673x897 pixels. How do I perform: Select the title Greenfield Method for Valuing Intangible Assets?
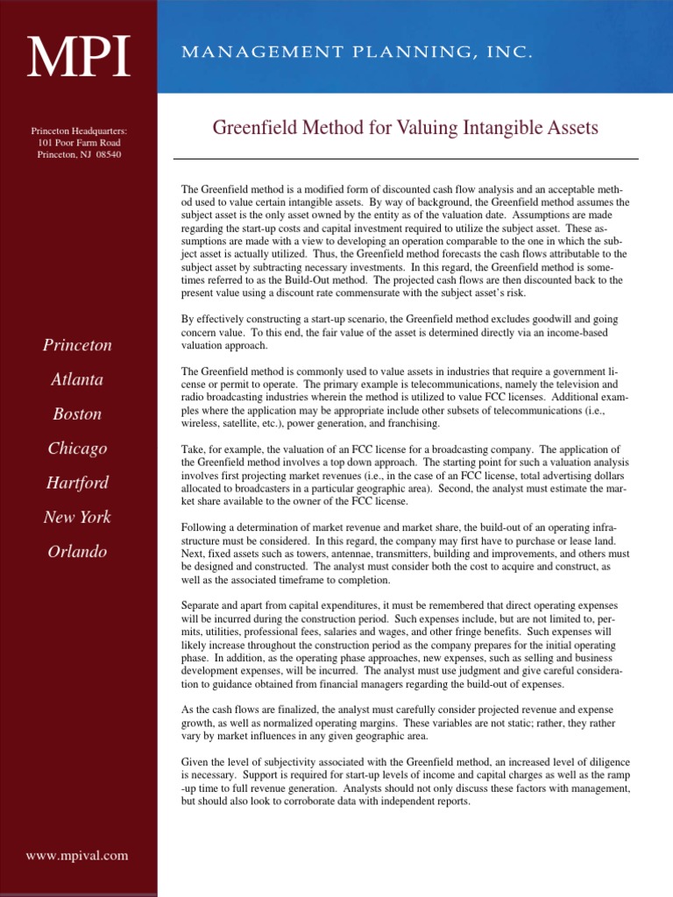405,128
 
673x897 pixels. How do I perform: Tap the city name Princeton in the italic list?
78,345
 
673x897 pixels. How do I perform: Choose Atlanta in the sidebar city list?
78,379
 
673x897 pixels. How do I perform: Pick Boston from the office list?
78,413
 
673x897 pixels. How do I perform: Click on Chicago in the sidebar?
78,448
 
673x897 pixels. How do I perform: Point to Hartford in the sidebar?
78,483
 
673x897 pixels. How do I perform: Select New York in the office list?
78,517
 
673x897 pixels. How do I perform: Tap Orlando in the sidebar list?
78,552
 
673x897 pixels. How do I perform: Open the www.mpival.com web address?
78,855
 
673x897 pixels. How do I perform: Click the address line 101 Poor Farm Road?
79,143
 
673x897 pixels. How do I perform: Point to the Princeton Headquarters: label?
79,131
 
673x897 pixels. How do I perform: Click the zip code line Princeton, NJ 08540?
79,155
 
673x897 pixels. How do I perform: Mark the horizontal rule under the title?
405,159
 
